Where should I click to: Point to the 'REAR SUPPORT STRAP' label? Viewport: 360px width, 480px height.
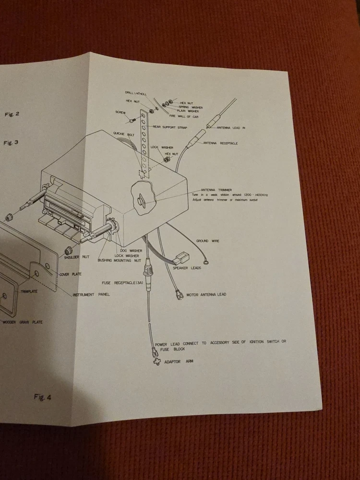[170, 127]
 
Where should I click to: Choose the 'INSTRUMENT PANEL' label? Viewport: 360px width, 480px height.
[91, 294]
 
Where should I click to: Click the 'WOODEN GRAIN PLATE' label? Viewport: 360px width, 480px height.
[22, 322]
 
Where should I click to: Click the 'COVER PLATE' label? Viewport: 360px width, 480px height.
[70, 275]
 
